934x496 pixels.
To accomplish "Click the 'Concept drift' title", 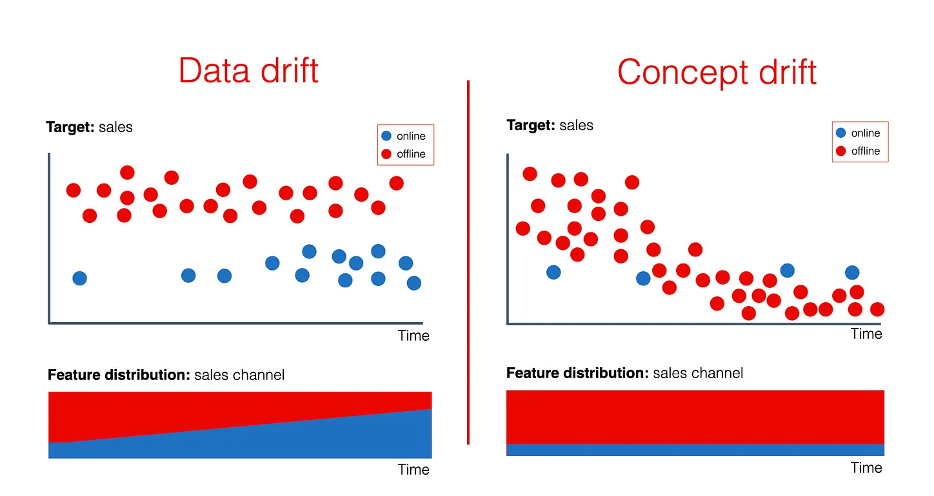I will point(717,72).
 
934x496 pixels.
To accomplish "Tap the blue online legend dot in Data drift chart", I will point(386,136).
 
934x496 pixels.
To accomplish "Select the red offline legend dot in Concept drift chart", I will point(841,151).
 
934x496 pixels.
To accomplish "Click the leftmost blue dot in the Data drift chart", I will point(79,278).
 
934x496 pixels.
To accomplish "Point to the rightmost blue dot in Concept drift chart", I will point(852,272).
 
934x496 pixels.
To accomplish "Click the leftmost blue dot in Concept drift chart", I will point(553,272).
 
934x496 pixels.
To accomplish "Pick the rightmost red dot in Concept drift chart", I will point(877,309).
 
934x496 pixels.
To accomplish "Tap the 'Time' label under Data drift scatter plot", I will point(413,336).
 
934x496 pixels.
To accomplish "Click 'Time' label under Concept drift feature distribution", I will point(866,468).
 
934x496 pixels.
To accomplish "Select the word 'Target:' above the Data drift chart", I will point(70,127).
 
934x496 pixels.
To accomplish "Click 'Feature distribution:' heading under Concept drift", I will point(577,373).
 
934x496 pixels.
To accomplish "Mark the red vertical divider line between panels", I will point(468,258).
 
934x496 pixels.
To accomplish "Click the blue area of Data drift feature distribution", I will point(290,441).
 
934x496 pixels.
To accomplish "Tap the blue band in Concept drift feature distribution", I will point(695,450).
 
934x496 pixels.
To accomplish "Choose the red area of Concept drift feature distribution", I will point(695,416).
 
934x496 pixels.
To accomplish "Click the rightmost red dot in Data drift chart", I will point(396,183).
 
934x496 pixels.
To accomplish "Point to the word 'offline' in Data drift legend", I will point(412,154).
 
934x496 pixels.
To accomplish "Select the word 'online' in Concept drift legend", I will point(866,133).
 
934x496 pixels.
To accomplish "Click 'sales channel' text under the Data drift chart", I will point(239,375).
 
